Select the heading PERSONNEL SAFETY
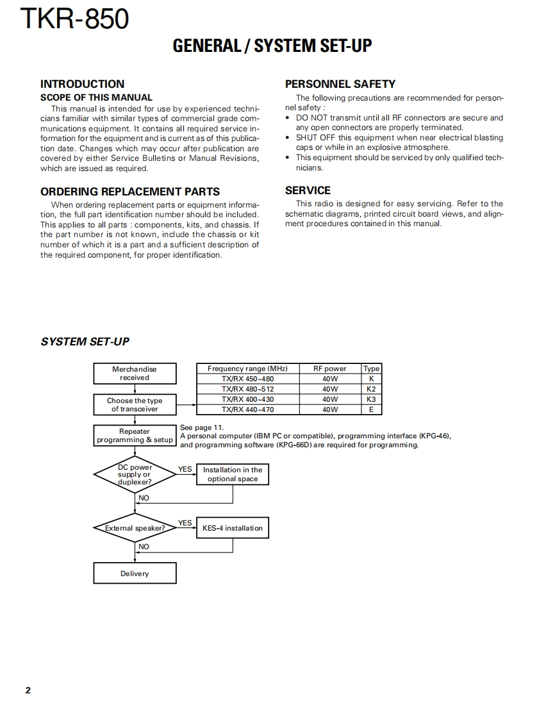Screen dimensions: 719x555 click(340, 84)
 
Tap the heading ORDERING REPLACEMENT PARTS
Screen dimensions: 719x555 click(130, 192)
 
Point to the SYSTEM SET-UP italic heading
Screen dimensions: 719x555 click(85, 342)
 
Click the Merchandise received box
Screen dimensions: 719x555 click(135, 374)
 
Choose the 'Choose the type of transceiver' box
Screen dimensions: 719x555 click(135, 405)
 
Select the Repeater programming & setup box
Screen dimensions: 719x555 click(135, 436)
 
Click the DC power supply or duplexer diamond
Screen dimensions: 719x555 click(135, 475)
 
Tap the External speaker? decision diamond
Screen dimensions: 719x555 click(135, 528)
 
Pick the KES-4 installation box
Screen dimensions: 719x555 click(232, 528)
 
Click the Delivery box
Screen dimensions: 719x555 click(135, 574)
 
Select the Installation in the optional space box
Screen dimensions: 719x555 click(232, 474)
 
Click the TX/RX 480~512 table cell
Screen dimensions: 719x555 click(247, 389)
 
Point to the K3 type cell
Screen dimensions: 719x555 click(371, 399)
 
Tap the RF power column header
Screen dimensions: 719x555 click(329, 368)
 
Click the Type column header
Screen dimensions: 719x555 click(371, 368)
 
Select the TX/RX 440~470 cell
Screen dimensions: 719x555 click(247, 409)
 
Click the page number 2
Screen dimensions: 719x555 click(28, 690)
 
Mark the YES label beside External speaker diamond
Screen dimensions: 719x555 click(185, 523)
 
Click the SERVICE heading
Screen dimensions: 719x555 click(308, 190)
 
